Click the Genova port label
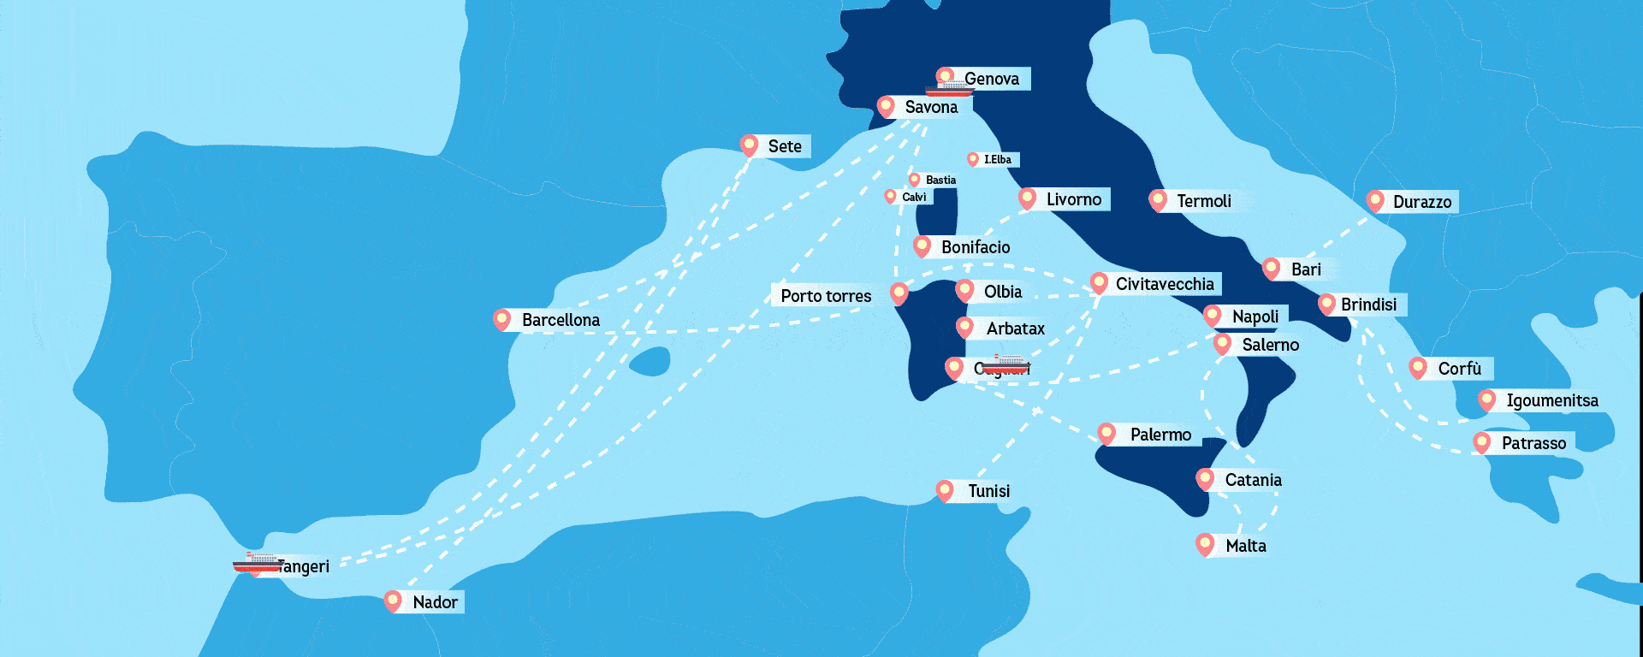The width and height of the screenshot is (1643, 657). click(993, 79)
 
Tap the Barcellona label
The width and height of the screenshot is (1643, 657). click(561, 320)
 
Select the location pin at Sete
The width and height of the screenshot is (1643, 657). click(750, 145)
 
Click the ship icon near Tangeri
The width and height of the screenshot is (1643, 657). click(257, 563)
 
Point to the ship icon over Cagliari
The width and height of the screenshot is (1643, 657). click(1004, 365)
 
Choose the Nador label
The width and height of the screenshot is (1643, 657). click(435, 602)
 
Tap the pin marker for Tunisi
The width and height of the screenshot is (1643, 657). click(945, 490)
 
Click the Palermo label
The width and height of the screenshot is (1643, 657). click(1160, 435)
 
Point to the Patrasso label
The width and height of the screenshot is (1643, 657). click(1533, 443)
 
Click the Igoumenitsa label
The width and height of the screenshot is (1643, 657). click(1551, 400)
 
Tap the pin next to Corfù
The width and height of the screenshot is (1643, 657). click(1418, 368)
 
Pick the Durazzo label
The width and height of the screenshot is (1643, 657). click(1421, 202)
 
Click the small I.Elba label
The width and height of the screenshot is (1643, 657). click(997, 159)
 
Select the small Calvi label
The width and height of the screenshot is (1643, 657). click(914, 197)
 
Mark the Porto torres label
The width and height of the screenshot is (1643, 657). click(826, 296)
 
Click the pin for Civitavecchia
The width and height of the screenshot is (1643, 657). click(1100, 282)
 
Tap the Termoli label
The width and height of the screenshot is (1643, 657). click(1204, 201)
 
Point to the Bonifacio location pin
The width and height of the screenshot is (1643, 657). click(922, 246)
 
